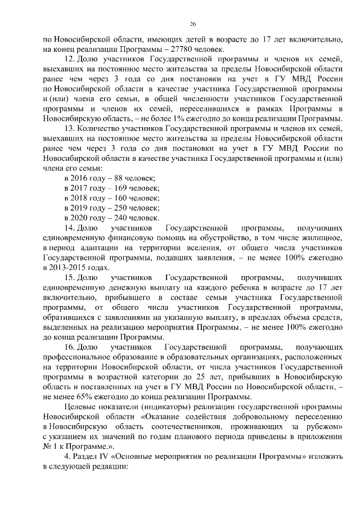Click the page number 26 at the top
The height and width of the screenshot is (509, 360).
tap(192, 24)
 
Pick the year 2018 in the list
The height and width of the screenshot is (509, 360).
tap(80, 198)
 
